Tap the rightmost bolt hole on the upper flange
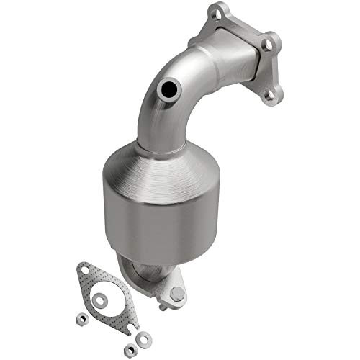pyautogui.click(x=267, y=45)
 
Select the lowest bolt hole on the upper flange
pyautogui.click(x=270, y=91)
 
